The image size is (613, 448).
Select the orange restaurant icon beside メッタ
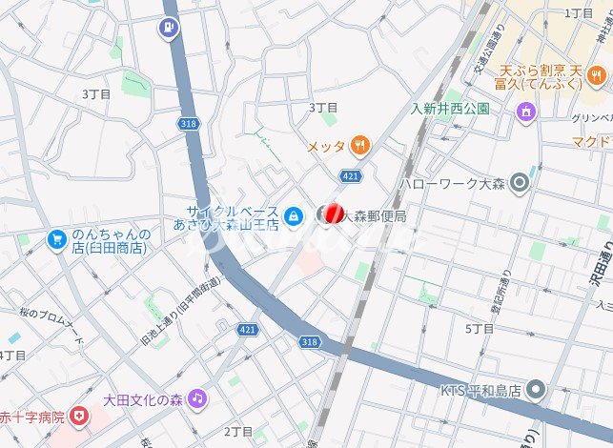(x=359, y=146)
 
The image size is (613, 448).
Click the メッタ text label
(x=326, y=147)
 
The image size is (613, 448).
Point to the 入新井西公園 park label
(x=450, y=109)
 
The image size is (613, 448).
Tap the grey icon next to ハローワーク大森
(x=520, y=181)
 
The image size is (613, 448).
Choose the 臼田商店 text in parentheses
(x=112, y=248)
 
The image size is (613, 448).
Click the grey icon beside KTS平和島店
(x=537, y=390)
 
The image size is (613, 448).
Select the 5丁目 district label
(x=480, y=328)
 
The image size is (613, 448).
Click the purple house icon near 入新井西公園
(x=524, y=113)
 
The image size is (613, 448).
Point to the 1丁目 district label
(x=579, y=12)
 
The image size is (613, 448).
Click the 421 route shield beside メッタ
(x=349, y=176)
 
